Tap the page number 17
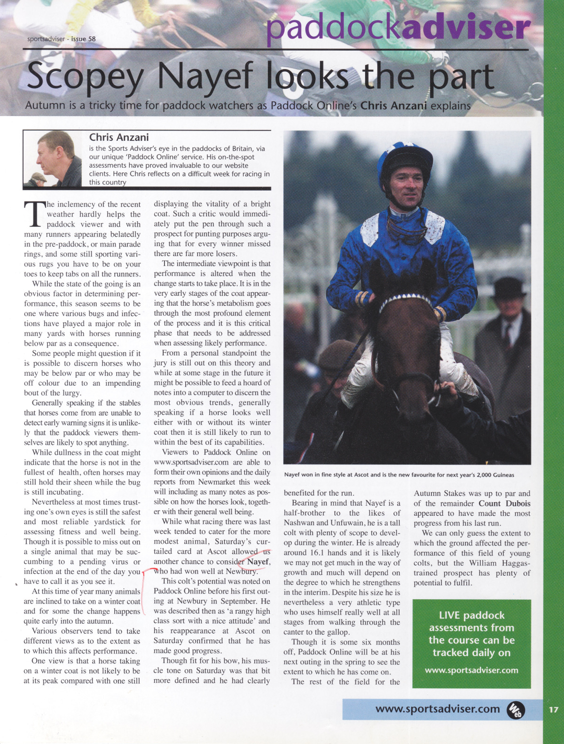pos(553,709)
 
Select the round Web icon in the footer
pos(516,710)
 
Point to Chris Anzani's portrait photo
pos(53,159)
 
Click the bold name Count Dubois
pos(504,504)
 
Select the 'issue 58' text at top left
pos(83,39)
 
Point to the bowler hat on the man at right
pos(508,287)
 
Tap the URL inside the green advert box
pos(471,670)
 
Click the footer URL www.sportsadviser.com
pos(437,709)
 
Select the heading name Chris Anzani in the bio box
pos(119,137)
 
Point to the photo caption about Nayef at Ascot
pos(399,475)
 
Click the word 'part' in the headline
pos(454,77)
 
